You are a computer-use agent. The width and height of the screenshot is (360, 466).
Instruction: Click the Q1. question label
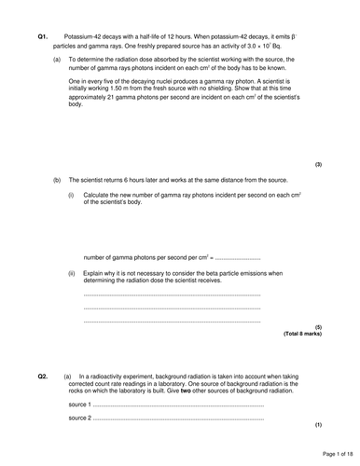(42, 35)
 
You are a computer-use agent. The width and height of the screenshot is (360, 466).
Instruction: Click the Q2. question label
(42, 376)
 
